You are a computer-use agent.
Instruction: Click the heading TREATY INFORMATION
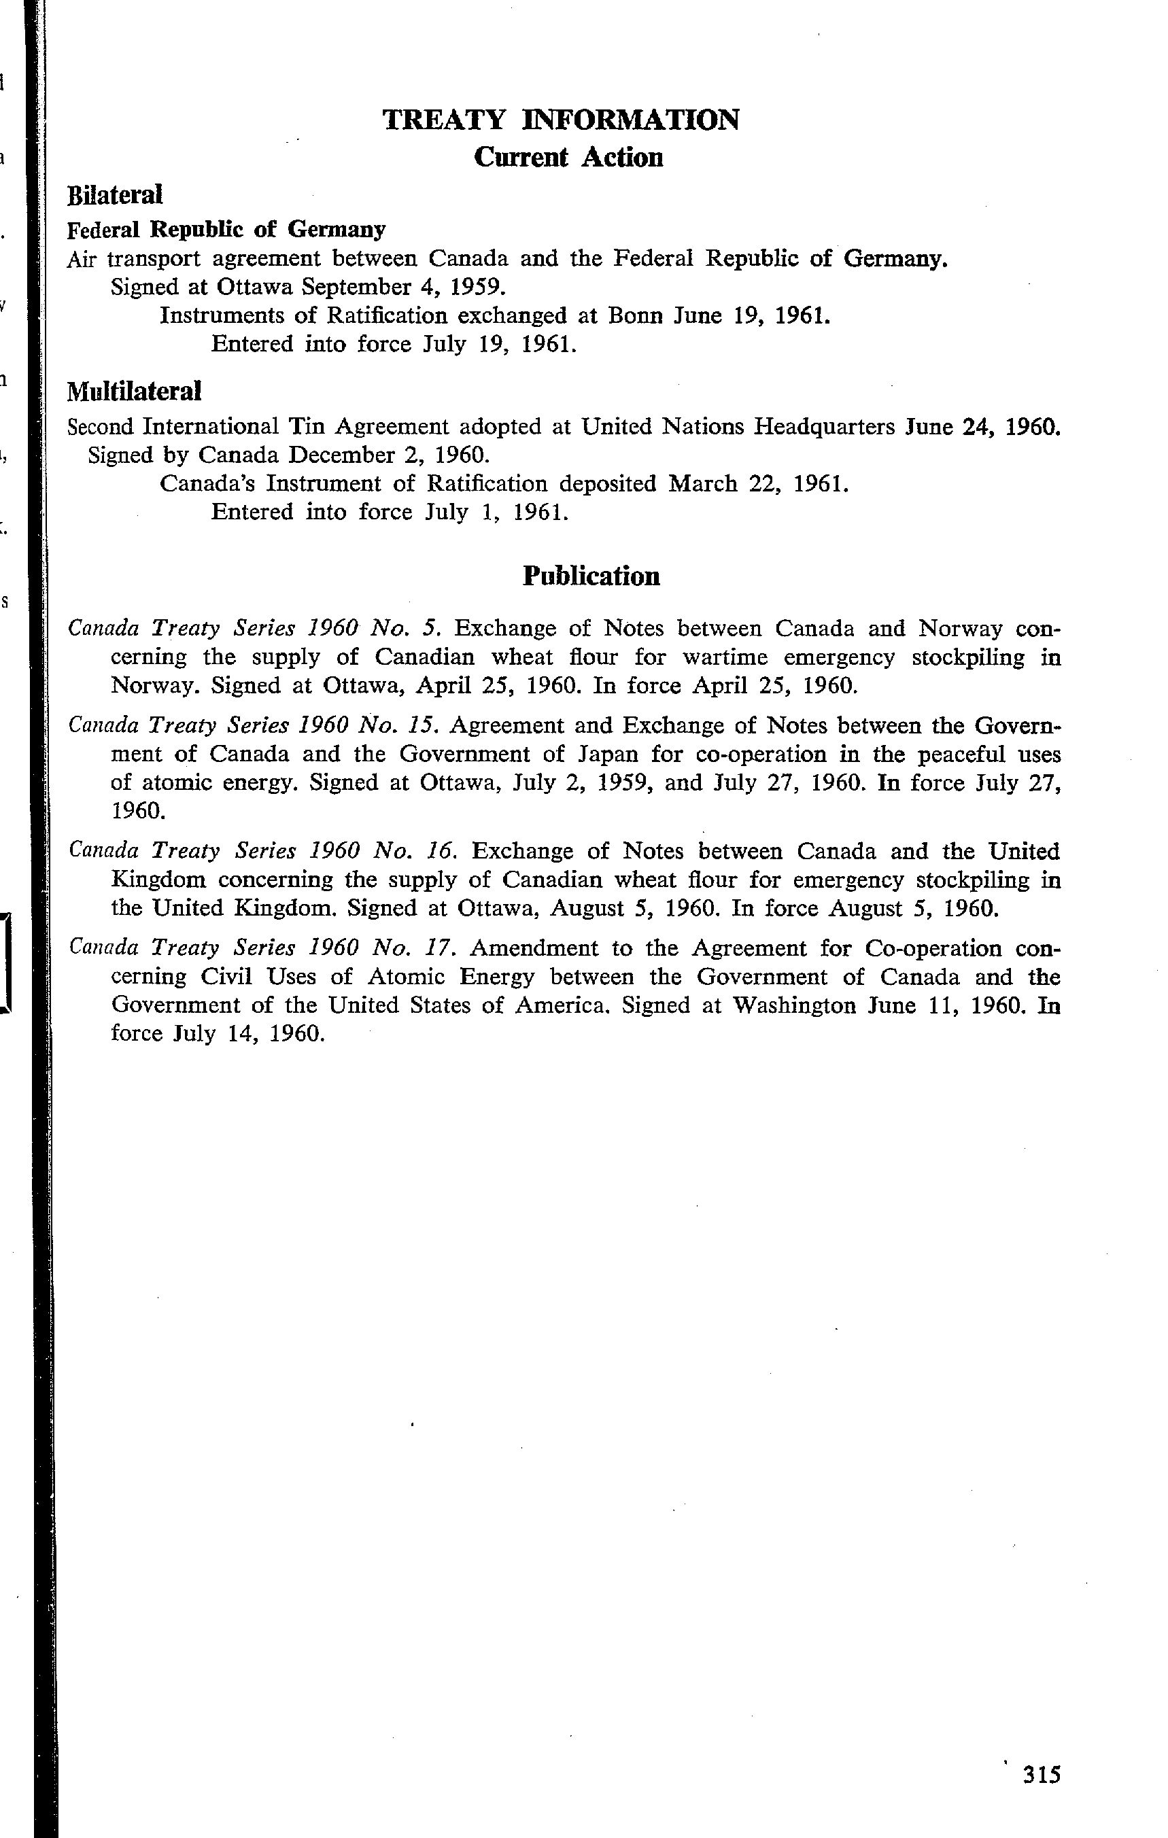(x=560, y=120)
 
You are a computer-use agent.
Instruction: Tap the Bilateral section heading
(x=116, y=195)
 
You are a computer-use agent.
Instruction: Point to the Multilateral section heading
(x=135, y=392)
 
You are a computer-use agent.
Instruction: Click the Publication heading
(x=591, y=576)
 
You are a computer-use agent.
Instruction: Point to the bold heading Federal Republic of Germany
(x=226, y=230)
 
